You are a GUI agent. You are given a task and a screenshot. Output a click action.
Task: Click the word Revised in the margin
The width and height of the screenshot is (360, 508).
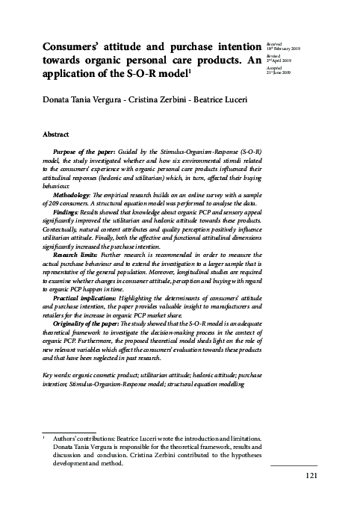274,55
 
